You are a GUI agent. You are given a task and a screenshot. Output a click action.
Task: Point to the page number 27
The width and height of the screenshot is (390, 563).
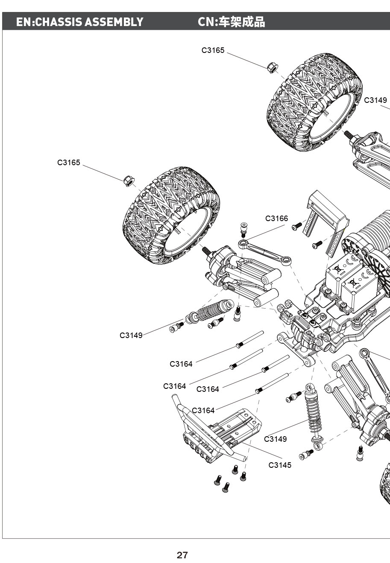(x=182, y=555)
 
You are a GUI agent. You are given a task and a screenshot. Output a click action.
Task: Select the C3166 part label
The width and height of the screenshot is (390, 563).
(x=276, y=219)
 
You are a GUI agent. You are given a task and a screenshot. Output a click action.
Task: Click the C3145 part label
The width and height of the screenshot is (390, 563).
(x=280, y=465)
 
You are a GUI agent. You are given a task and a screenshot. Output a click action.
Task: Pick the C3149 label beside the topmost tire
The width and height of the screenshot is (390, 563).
(x=375, y=100)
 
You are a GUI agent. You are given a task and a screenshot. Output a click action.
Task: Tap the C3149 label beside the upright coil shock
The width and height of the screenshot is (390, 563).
(x=276, y=439)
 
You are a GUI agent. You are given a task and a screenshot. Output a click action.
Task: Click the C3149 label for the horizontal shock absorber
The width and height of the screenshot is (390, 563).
(x=131, y=335)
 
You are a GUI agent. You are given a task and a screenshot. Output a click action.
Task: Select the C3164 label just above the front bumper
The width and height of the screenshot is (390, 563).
(x=203, y=411)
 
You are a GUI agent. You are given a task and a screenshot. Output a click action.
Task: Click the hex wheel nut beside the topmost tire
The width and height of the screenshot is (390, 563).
(x=271, y=67)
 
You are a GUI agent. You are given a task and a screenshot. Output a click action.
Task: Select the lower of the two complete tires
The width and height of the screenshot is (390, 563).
(x=171, y=216)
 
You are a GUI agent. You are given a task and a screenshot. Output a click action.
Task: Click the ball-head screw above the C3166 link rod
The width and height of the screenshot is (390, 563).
(x=244, y=229)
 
